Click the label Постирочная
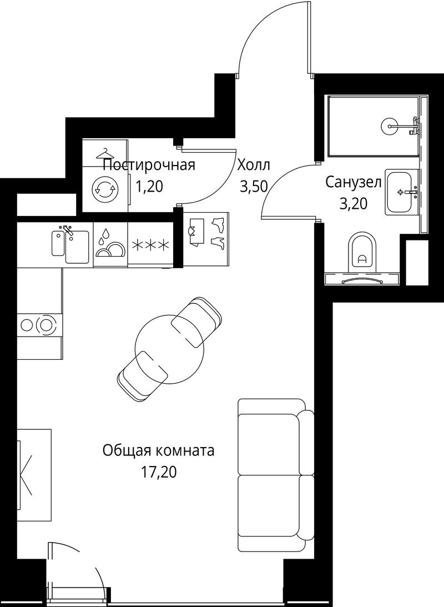pyautogui.click(x=149, y=165)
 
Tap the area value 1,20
pyautogui.click(x=149, y=187)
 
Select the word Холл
pyautogui.click(x=253, y=165)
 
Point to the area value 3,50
pyautogui.click(x=254, y=187)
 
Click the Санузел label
pyautogui.click(x=353, y=182)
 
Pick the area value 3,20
pyautogui.click(x=353, y=203)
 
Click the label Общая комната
pyautogui.click(x=158, y=450)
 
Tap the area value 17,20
pyautogui.click(x=159, y=472)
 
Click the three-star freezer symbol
pyautogui.click(x=150, y=245)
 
